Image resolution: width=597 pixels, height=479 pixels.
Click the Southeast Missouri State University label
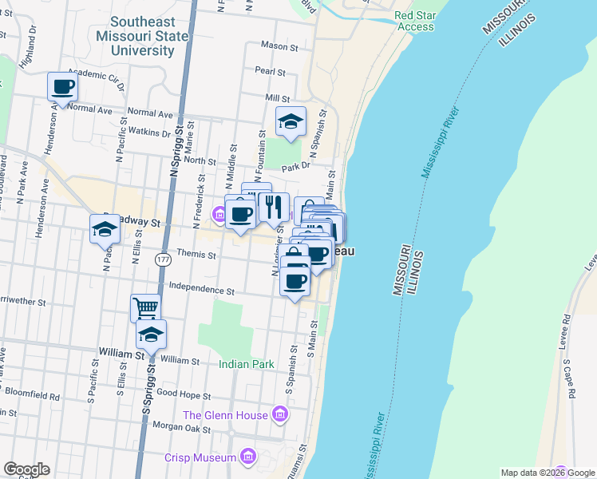pyautogui.click(x=142, y=37)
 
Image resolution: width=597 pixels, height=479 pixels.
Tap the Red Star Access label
pyautogui.click(x=415, y=21)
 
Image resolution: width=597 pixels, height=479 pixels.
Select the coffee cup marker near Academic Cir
pyautogui.click(x=62, y=87)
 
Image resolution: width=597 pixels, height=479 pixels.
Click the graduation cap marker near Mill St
pyautogui.click(x=291, y=121)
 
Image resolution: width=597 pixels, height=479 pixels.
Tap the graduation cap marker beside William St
pyautogui.click(x=150, y=335)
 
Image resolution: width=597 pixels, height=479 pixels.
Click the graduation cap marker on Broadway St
pyautogui.click(x=105, y=228)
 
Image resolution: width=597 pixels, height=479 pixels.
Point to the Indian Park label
pyautogui.click(x=247, y=364)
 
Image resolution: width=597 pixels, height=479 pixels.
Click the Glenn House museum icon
pyautogui.click(x=279, y=414)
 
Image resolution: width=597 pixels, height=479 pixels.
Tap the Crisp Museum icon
pyautogui.click(x=247, y=457)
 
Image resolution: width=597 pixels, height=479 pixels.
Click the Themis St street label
pyautogui.click(x=196, y=255)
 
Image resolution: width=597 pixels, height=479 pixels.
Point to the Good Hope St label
pyautogui.click(x=183, y=395)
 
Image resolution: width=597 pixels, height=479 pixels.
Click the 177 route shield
pyautogui.click(x=163, y=260)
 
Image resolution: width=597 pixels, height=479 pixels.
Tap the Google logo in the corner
pyautogui.click(x=26, y=469)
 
